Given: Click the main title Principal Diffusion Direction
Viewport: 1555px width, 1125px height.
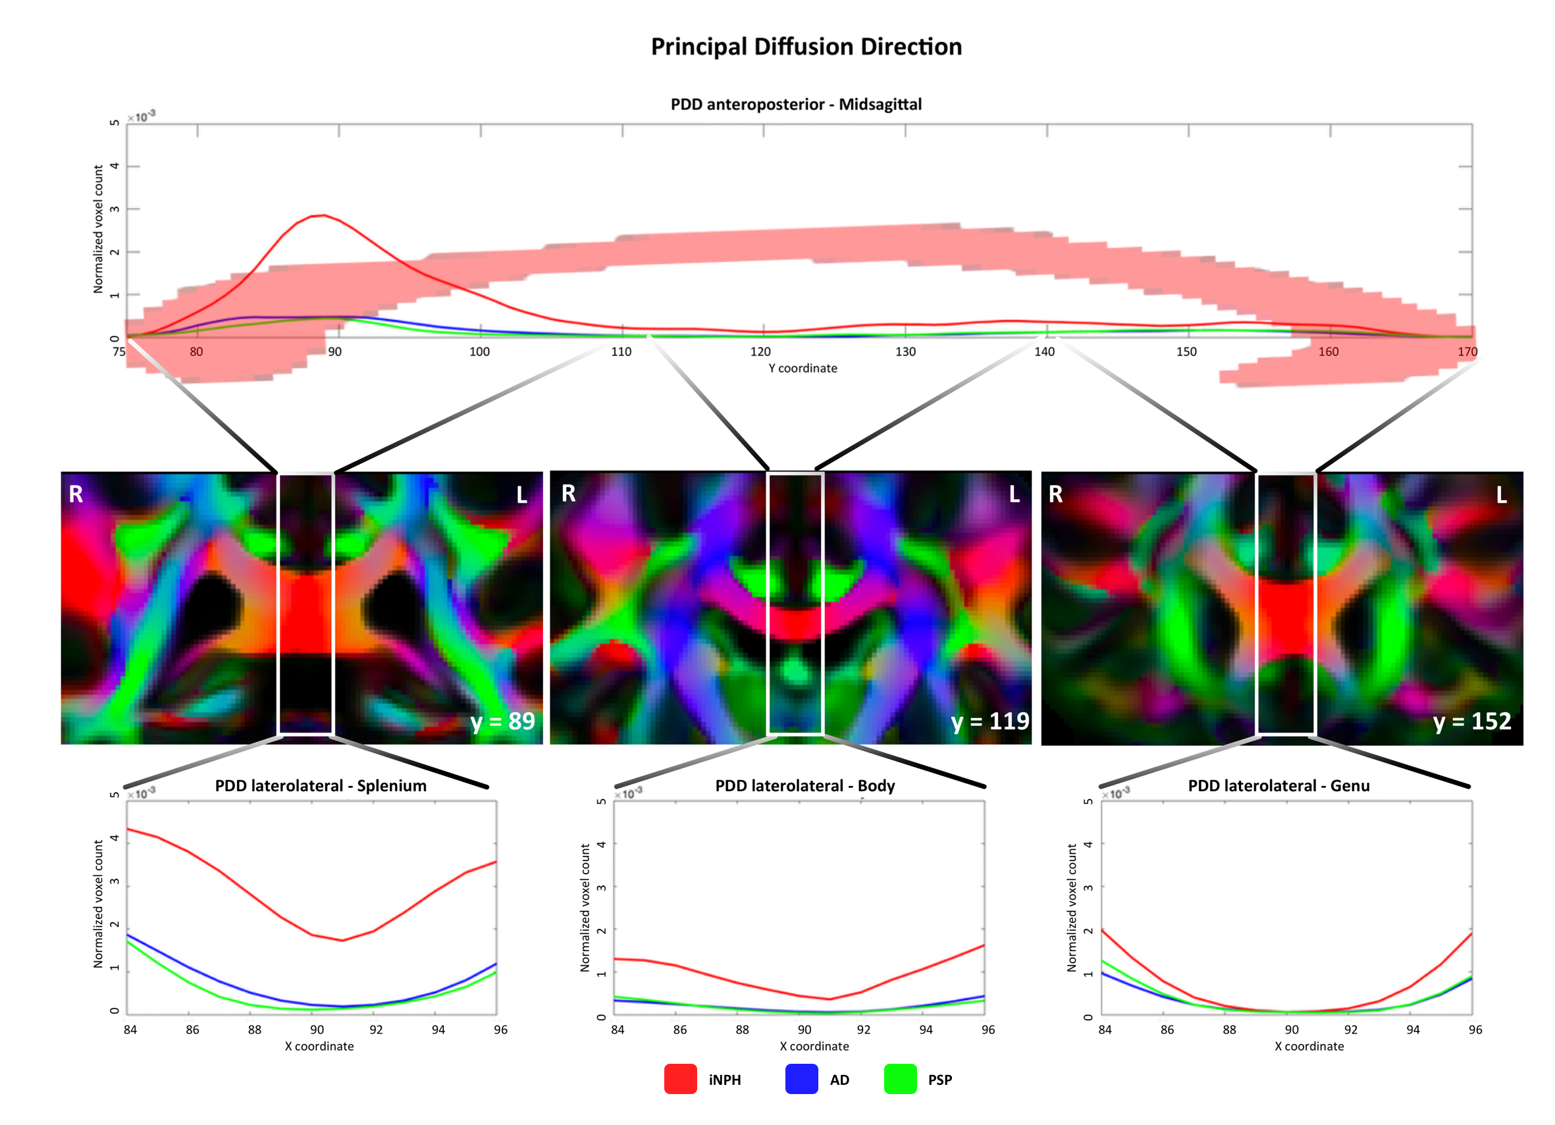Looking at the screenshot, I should [x=806, y=47].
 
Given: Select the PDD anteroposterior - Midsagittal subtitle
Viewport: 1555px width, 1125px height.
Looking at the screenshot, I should [x=795, y=104].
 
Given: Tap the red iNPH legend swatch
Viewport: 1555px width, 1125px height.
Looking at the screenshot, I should [x=680, y=1079].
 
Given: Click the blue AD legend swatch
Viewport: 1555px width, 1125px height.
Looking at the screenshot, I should [x=801, y=1079].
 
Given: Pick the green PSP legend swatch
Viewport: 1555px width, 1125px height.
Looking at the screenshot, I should [x=900, y=1079].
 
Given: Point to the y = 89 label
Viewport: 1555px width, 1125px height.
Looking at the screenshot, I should [x=502, y=721].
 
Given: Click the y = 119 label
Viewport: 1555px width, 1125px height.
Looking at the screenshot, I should [x=990, y=721].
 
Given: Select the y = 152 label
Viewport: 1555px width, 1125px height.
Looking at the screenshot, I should [x=1472, y=721].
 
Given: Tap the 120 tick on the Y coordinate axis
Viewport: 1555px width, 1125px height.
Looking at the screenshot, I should [x=760, y=352].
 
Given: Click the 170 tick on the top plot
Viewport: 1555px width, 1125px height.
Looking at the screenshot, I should [x=1467, y=352].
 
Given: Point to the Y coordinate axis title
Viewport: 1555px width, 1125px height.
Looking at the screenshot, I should [x=802, y=368].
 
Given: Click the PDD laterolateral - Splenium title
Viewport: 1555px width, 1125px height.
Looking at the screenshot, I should [x=320, y=785].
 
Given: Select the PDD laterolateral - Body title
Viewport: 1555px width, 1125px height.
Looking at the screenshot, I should [x=805, y=785].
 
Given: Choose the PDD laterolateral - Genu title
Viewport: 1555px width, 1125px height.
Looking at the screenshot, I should [x=1278, y=785].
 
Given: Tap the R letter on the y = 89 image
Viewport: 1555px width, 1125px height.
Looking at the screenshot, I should [x=76, y=494].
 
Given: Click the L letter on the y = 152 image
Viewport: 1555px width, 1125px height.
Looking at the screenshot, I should [x=1501, y=495].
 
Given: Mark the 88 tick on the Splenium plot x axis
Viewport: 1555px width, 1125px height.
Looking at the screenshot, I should [x=254, y=1030].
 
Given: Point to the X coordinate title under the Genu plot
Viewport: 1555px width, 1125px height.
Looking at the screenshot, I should [x=1309, y=1046].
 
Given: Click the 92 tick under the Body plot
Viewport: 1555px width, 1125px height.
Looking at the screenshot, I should [x=863, y=1030].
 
